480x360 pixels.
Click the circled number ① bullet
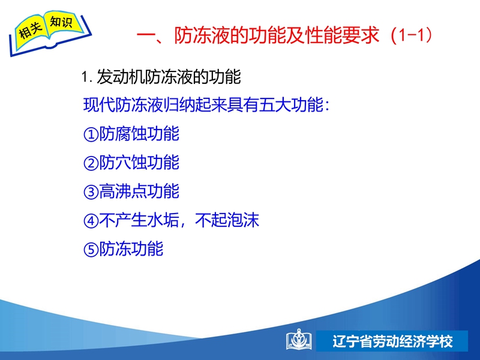[x=91, y=134]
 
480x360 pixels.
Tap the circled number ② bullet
[x=91, y=163]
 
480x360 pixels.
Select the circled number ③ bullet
[x=91, y=192]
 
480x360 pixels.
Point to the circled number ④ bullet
[x=91, y=221]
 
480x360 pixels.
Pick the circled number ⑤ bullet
[x=91, y=250]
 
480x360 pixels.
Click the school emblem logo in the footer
[x=299, y=340]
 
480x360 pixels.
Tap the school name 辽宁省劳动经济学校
[x=392, y=341]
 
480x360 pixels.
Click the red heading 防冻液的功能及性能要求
[x=277, y=35]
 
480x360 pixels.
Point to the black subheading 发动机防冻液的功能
[x=169, y=77]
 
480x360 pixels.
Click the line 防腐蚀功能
[x=139, y=134]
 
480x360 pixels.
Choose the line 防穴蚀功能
[x=139, y=163]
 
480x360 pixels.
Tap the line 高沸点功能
[x=139, y=191]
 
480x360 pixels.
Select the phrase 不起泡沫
[x=227, y=220]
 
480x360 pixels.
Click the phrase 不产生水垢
[x=139, y=220]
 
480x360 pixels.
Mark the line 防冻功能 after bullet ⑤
[x=131, y=249]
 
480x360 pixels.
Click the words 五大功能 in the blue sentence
[x=291, y=105]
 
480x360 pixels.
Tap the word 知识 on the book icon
[x=61, y=22]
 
